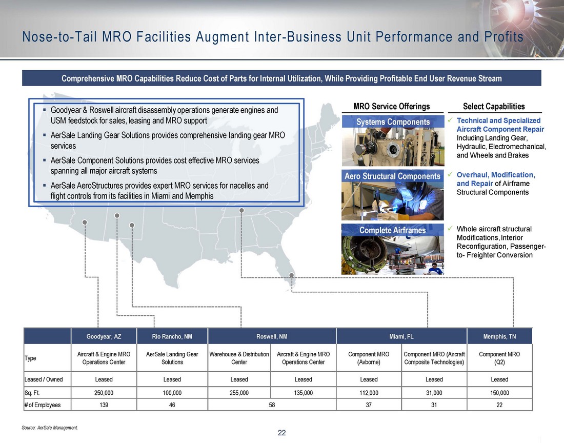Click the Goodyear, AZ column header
coord(104,336)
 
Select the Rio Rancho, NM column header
coord(172,336)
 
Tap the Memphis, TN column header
coord(499,336)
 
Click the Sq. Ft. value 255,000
coord(239,393)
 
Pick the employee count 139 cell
coord(104,405)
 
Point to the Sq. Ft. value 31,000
coord(434,393)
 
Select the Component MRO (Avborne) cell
coord(368,358)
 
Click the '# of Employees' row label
coord(42,405)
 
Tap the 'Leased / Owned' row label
coord(43,379)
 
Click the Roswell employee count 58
coord(272,405)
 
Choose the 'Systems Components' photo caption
coord(393,122)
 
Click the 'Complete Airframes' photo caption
coord(392,230)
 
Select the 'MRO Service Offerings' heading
coord(391,107)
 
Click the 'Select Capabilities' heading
coord(493,107)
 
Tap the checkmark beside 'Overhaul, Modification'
coord(450,174)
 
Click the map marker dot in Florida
coord(291,275)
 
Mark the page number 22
coord(281,433)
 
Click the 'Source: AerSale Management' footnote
coord(50,428)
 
